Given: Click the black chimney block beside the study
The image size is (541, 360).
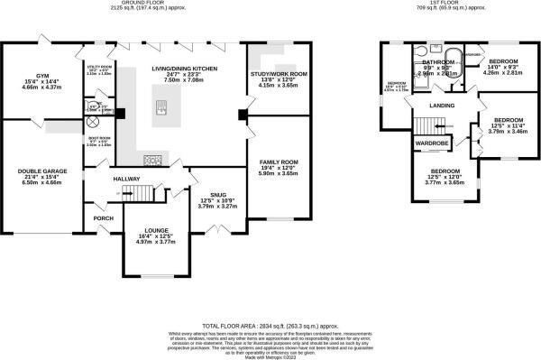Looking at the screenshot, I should (242, 115).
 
